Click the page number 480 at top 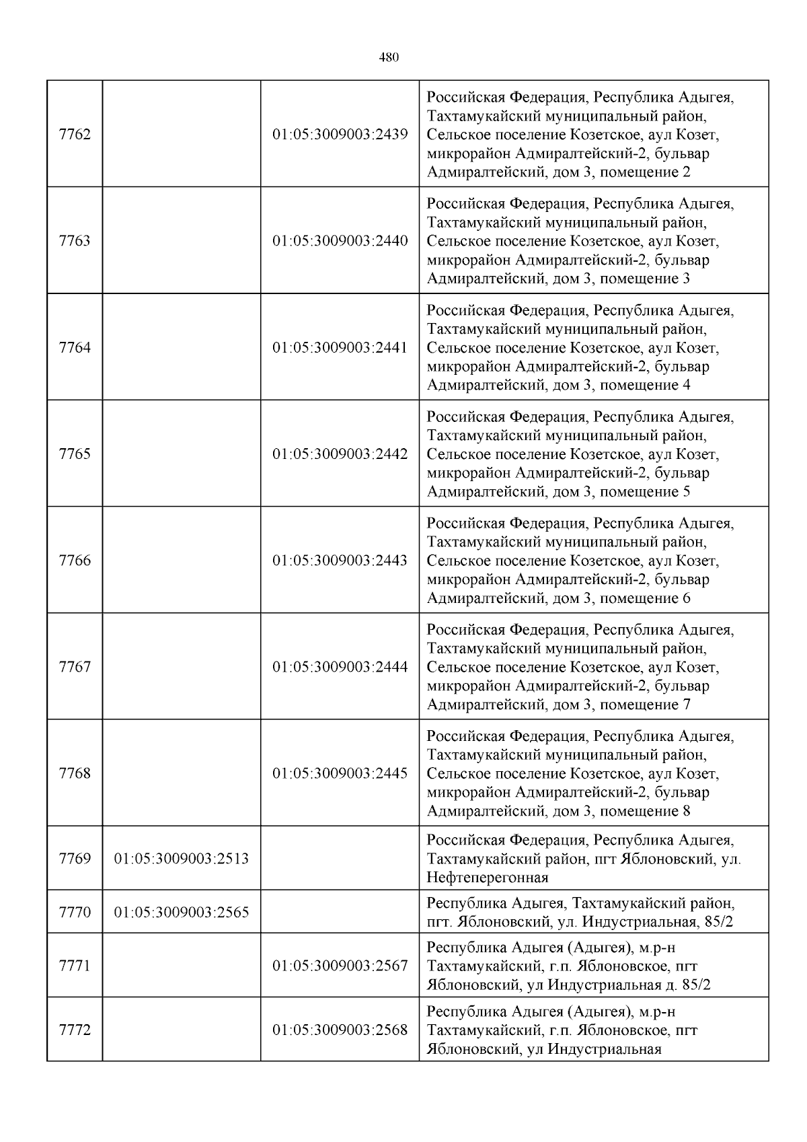[x=389, y=57]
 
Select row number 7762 [x=75, y=134]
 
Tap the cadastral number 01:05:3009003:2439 [x=340, y=134]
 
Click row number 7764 [x=75, y=347]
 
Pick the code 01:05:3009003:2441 [x=340, y=347]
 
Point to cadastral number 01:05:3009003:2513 [x=182, y=859]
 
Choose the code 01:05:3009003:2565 [x=182, y=913]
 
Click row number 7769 [x=75, y=859]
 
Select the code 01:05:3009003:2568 [x=340, y=1030]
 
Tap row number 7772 [x=75, y=1030]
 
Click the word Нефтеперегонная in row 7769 [x=487, y=878]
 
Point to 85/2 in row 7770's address [x=717, y=921]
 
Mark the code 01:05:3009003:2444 [x=340, y=667]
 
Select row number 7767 [x=75, y=667]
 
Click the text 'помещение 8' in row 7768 [x=644, y=811]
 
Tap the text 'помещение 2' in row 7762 [x=644, y=172]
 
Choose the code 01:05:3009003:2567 [x=340, y=966]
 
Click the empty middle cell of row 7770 [x=340, y=913]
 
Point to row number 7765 [x=75, y=454]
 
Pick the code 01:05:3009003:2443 [x=340, y=561]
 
